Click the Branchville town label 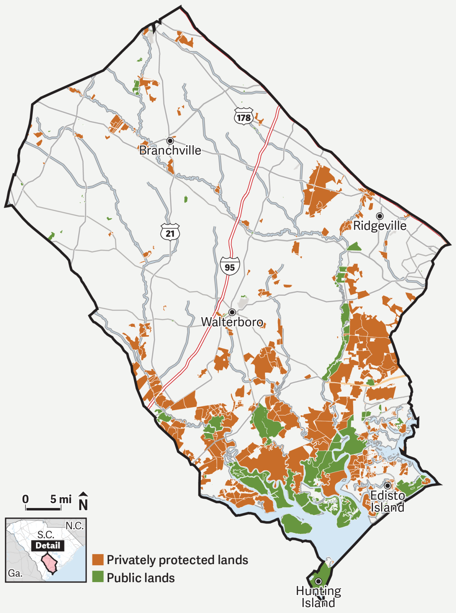coord(170,150)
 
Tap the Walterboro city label coord(232,322)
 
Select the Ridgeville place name coord(380,226)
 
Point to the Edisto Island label coord(387,501)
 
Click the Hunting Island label coord(318,597)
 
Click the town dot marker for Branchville coord(170,141)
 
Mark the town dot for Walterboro coord(232,312)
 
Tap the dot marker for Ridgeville coord(380,216)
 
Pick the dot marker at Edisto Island coord(387,485)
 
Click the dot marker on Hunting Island coord(318,581)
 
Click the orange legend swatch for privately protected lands coord(98,560)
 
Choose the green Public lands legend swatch coord(98,577)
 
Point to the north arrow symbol coord(83,501)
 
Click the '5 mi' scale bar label coord(61,499)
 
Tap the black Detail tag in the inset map coord(48,545)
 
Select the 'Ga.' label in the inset coord(15,573)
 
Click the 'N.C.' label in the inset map coord(75,526)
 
